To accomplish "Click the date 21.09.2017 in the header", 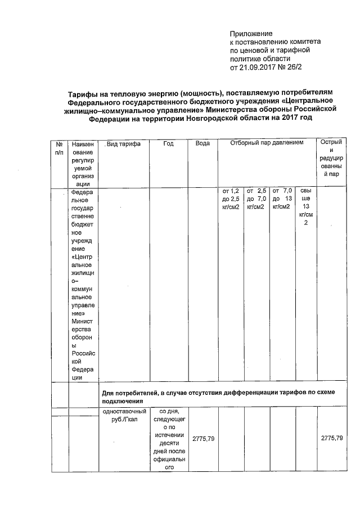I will coord(259,67).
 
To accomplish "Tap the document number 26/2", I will coord(304,67).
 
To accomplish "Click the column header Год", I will coord(168,144).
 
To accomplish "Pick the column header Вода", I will coord(202,144).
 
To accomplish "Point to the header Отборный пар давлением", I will coord(267,143).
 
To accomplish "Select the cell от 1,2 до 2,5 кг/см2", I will coord(231,200).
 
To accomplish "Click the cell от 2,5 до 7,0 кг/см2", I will coord(256,200).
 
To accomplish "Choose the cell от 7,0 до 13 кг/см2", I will coord(281,200).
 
